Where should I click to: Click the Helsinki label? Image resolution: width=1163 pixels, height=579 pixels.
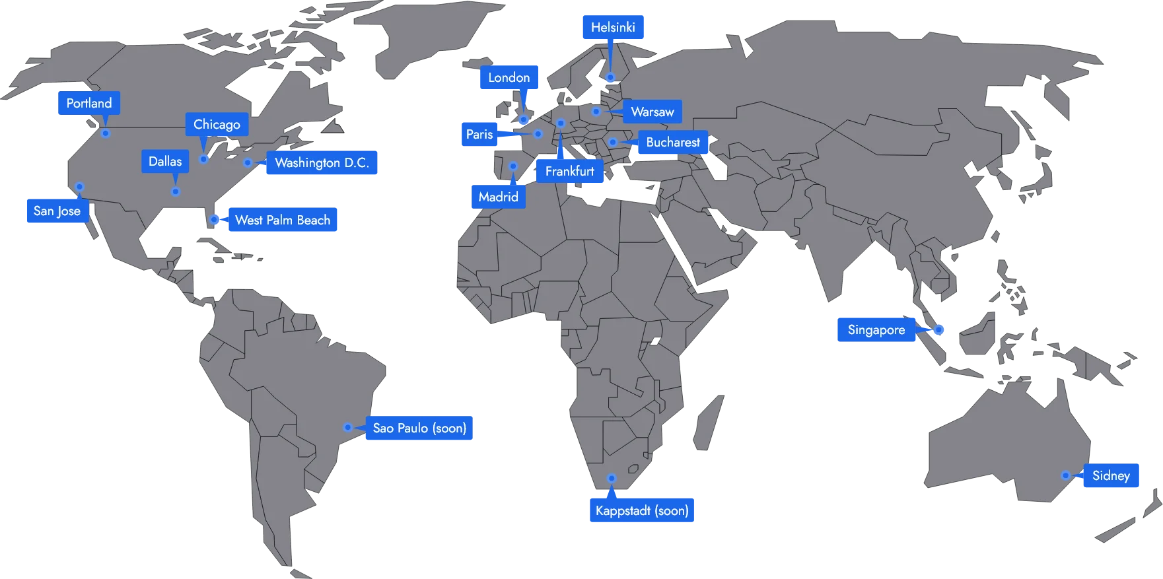click(613, 28)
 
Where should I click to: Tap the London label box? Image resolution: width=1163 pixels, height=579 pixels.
click(509, 78)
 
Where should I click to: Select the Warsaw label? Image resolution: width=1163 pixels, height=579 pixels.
click(652, 112)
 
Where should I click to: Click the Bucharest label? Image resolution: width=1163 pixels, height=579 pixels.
click(672, 143)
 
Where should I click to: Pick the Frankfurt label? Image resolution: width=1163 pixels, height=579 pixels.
click(569, 172)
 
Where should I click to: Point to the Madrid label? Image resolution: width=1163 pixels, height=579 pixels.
click(498, 197)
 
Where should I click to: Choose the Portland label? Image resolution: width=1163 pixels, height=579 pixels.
click(89, 104)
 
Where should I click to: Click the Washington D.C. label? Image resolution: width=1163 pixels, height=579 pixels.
click(322, 163)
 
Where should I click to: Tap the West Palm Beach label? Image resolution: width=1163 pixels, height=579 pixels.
click(282, 221)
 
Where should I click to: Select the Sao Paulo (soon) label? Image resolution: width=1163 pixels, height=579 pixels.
click(419, 428)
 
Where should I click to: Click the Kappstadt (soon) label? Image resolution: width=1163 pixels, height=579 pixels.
click(641, 510)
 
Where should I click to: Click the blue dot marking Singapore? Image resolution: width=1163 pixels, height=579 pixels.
click(938, 329)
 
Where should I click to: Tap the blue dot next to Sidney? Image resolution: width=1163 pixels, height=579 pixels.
click(1065, 475)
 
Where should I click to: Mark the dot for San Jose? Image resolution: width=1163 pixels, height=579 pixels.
click(79, 187)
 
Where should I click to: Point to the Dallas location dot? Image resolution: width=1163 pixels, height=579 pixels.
click(176, 191)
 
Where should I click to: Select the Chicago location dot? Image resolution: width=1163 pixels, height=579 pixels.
click(204, 159)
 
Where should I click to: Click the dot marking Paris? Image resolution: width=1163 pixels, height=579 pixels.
click(538, 134)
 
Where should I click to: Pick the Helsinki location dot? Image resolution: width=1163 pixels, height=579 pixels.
click(611, 78)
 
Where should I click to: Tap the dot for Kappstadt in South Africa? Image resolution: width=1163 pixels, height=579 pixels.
click(612, 478)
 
